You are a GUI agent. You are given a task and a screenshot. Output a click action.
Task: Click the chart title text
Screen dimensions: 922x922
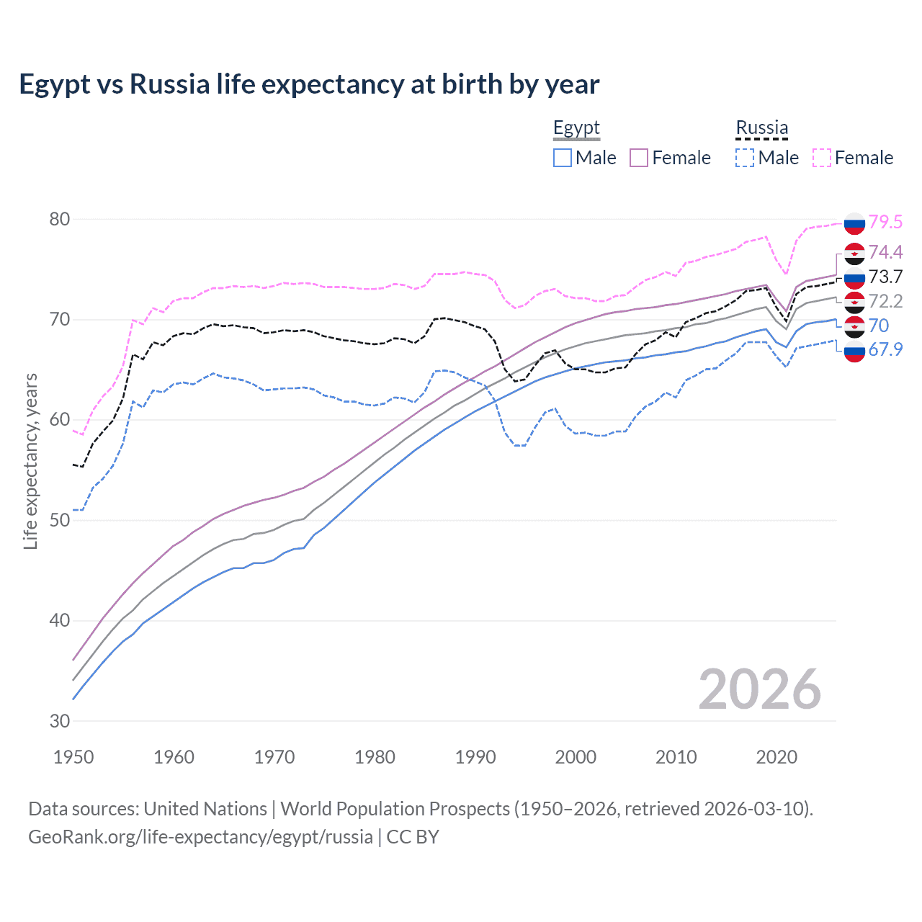point(309,84)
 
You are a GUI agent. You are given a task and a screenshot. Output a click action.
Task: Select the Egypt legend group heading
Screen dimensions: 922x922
point(576,128)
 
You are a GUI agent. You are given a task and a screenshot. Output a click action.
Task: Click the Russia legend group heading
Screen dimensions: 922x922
point(761,128)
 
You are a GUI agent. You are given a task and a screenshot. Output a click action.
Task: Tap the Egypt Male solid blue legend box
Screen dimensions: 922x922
point(563,158)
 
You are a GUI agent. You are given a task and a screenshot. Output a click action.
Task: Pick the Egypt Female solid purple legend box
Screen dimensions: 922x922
point(639,158)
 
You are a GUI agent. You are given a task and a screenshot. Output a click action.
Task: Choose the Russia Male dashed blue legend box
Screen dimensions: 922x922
point(745,158)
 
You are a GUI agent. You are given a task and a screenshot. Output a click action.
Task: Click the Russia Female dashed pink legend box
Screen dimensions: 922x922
point(822,158)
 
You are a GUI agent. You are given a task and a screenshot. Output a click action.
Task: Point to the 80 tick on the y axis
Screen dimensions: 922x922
point(60,219)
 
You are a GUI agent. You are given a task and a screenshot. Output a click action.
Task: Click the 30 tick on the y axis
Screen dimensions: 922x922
point(60,721)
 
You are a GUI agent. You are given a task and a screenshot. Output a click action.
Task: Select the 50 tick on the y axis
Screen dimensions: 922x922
point(60,520)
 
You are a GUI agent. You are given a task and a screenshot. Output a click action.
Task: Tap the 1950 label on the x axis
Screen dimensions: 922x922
point(73,757)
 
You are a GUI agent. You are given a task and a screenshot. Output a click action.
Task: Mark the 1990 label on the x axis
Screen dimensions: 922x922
point(475,757)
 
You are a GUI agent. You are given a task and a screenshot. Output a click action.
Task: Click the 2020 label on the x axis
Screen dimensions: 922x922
point(776,757)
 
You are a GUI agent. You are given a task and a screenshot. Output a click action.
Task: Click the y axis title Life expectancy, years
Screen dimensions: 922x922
point(30,461)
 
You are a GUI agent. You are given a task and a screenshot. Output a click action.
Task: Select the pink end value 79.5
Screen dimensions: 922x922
point(885,222)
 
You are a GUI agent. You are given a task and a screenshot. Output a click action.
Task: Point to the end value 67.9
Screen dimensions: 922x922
point(885,349)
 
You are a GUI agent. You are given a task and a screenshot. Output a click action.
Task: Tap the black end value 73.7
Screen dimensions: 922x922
point(885,277)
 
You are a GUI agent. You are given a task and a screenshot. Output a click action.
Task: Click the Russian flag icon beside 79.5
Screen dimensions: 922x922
point(854,223)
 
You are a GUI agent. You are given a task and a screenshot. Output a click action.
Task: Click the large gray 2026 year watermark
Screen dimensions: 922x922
point(760,689)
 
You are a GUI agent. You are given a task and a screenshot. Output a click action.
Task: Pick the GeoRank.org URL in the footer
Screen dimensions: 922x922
point(200,837)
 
